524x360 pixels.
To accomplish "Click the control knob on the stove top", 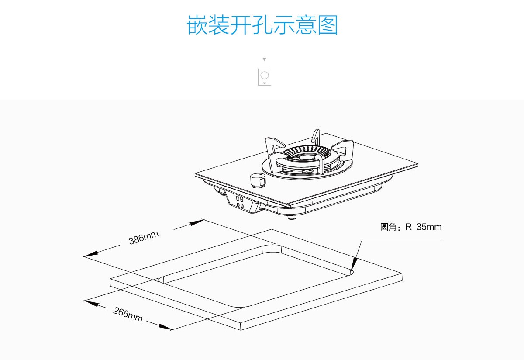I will (257, 180).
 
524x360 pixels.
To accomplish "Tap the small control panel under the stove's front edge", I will (240, 202).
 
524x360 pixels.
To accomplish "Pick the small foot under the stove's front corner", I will (292, 217).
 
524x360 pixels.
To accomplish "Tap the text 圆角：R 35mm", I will (411, 227).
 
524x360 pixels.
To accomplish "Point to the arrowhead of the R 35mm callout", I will (354, 263).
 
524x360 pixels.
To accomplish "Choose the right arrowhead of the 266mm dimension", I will (165, 327).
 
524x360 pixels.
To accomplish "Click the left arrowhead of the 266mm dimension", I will (91, 303).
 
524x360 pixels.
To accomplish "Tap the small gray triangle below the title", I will (264, 59).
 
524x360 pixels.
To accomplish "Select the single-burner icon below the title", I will (265, 77).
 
